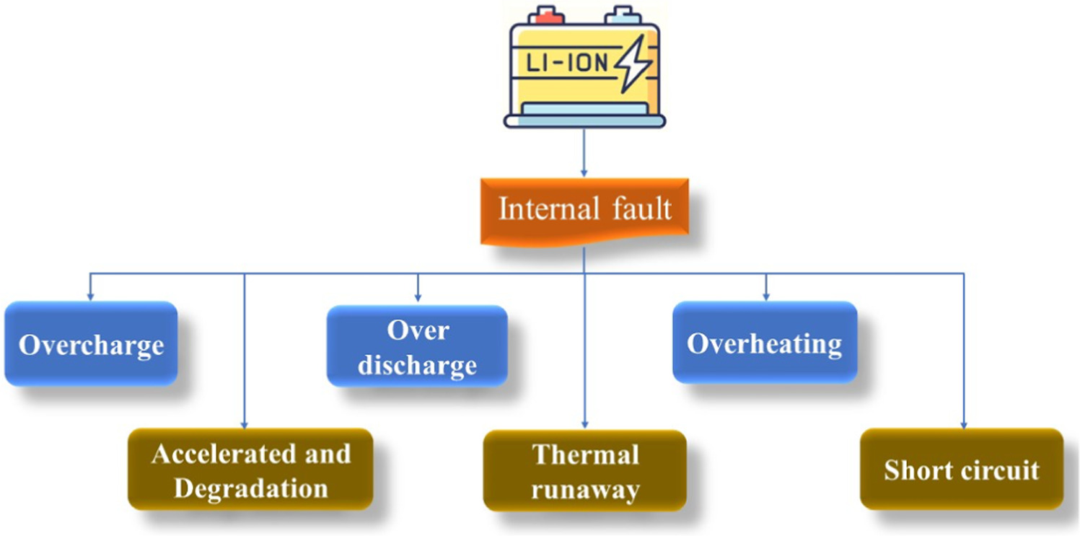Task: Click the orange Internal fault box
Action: coord(584,211)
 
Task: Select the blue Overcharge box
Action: coord(91,343)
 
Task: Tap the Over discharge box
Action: coord(417,346)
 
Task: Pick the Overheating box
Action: coord(765,343)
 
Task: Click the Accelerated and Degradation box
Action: coord(250,470)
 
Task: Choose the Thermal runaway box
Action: coord(585,471)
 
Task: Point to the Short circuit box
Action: coord(962,470)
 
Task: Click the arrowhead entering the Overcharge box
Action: coord(90,296)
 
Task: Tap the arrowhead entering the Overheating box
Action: coord(766,296)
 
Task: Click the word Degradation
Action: coord(251,488)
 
